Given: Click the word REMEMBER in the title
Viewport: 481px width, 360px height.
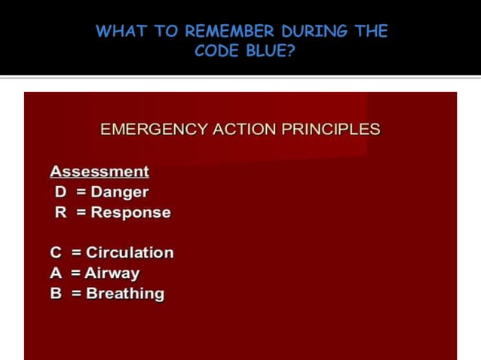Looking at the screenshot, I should coord(230,32).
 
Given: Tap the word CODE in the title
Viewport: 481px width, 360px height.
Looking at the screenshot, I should coord(216,51).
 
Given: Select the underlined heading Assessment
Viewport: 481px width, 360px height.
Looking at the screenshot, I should coord(100,172).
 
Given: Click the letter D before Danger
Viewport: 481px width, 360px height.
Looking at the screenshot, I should coord(60,192).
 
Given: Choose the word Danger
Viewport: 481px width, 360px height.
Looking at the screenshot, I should coord(120,192).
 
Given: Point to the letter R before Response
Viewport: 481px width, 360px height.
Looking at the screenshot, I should coord(60,212).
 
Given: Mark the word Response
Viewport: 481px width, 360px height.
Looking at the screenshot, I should coord(131,212).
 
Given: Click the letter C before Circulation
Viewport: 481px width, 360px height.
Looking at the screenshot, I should coord(56,253).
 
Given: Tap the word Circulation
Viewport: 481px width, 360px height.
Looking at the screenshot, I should coord(130,253).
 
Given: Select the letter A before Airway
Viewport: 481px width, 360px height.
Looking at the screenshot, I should coord(56,273).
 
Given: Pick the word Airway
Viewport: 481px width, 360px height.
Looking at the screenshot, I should coord(112,273).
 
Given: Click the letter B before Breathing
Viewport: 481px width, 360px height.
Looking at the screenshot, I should coord(56,294).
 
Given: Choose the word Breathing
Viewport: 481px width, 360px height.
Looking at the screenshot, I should coord(125,294).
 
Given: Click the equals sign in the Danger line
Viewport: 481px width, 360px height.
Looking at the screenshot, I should coord(81,192).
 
